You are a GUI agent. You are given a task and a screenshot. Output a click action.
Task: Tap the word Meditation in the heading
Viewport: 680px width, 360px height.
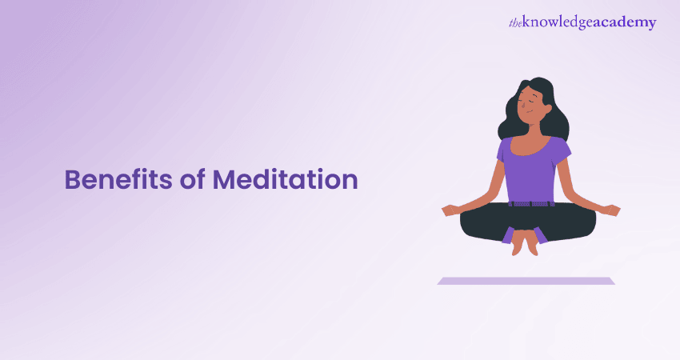tap(285, 179)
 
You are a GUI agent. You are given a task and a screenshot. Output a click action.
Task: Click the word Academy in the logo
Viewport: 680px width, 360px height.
tap(624, 23)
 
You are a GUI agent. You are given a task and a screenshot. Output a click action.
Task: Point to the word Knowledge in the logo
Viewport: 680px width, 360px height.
tap(560, 23)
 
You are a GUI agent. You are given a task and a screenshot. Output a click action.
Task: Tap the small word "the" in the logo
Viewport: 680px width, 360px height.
tap(516, 24)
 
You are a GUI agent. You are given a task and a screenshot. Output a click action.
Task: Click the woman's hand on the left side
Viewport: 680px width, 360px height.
tap(452, 210)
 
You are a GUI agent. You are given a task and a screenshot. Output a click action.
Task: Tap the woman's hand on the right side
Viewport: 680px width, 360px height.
tap(610, 210)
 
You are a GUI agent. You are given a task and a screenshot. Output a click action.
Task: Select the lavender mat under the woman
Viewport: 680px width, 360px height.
tap(526, 281)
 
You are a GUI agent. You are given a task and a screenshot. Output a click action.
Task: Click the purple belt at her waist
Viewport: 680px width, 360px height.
tap(529, 202)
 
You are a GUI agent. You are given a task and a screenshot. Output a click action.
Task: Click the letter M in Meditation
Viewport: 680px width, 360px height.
tap(226, 179)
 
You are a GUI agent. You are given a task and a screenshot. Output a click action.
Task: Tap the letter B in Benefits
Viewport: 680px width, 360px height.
tap(72, 179)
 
